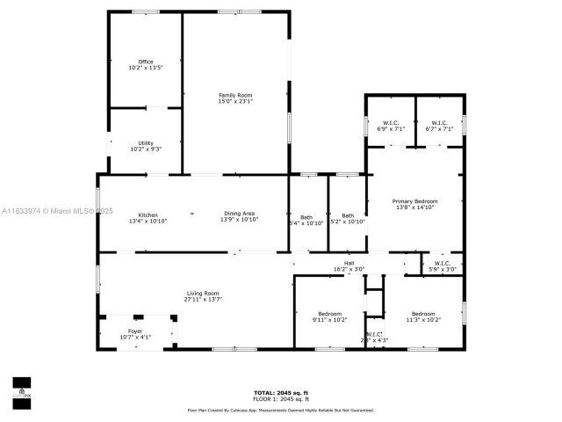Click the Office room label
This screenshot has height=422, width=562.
146,62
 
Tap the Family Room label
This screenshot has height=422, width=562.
235,95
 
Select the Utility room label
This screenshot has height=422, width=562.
145,143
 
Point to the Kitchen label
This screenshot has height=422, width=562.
148,215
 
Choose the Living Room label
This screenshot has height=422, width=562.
202,293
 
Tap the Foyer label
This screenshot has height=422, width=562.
135,331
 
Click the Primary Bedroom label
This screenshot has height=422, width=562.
414,201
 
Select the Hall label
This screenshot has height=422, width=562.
349,263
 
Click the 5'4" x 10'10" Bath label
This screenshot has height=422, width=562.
306,216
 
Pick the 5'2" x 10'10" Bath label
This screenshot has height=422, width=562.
348,216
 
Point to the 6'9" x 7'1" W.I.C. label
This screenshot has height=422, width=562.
390,123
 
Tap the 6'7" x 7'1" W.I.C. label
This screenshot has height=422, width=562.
439,123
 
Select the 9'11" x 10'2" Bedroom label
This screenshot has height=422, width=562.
330,314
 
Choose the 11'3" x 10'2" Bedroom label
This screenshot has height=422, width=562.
423,314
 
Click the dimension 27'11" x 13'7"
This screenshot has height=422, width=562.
202,299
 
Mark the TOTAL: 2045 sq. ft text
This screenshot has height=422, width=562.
281,392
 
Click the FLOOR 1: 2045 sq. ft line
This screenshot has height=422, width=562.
281,399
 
